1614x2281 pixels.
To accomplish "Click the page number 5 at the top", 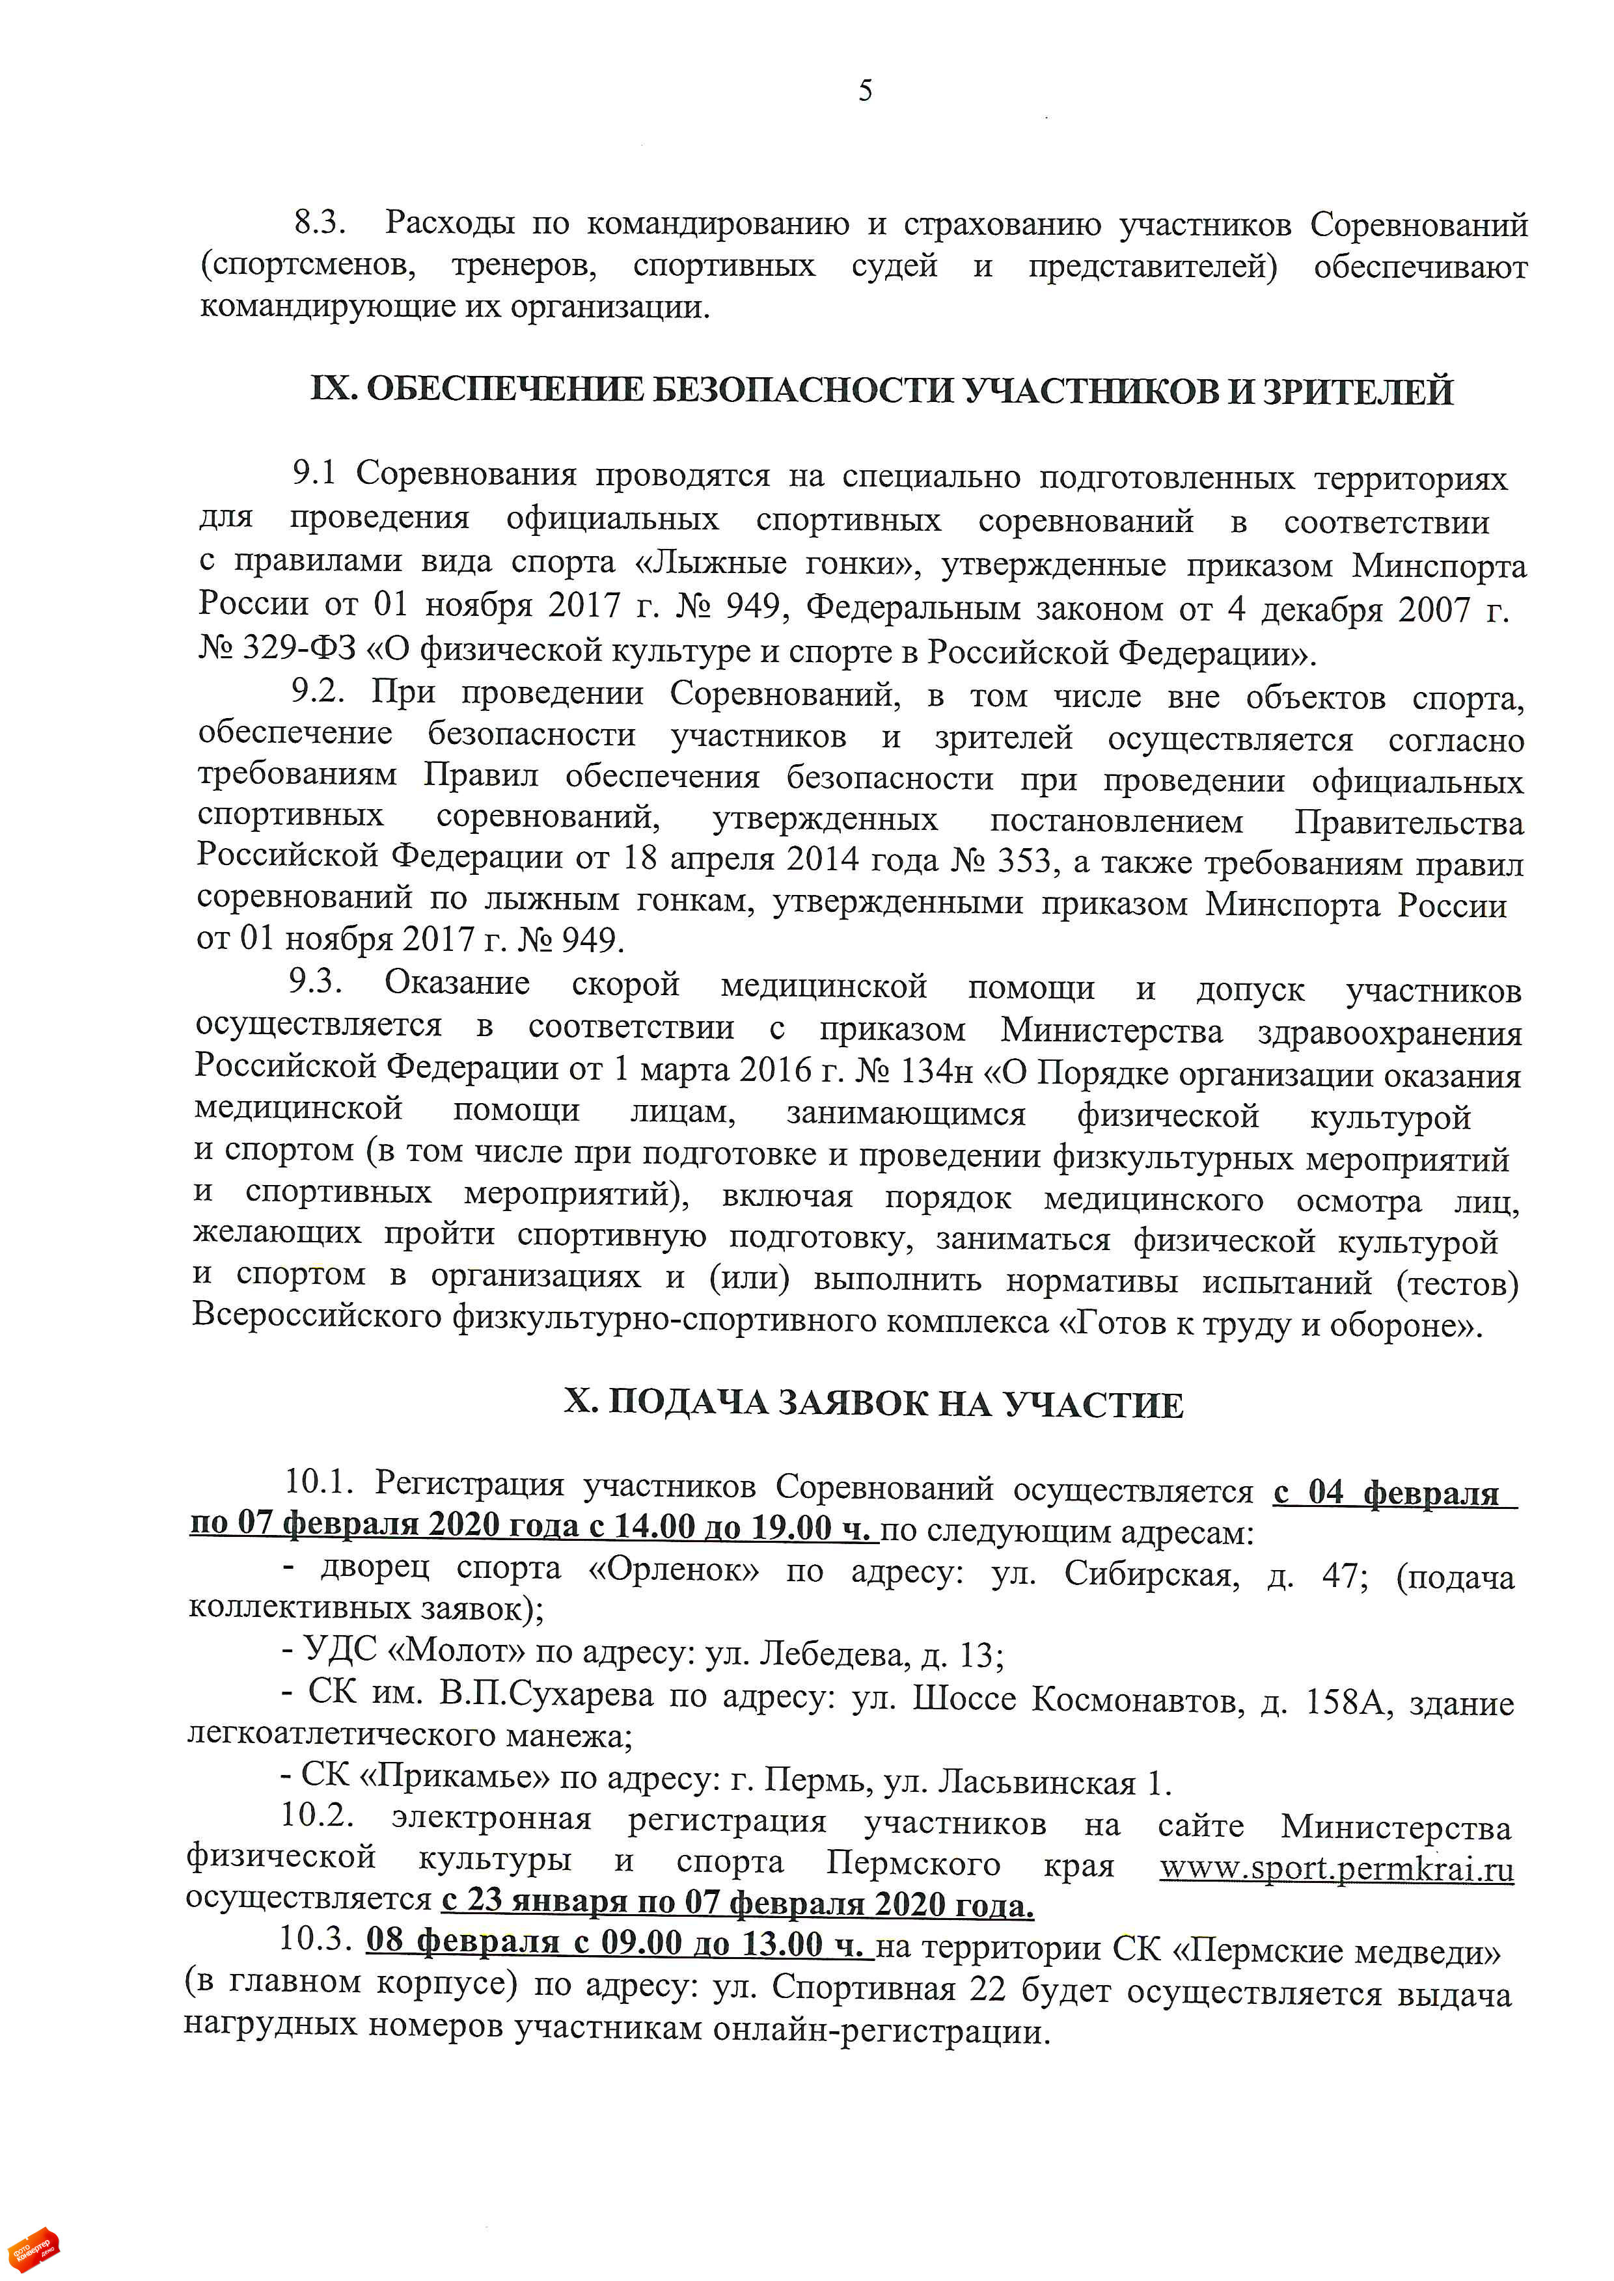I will pos(865,92).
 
